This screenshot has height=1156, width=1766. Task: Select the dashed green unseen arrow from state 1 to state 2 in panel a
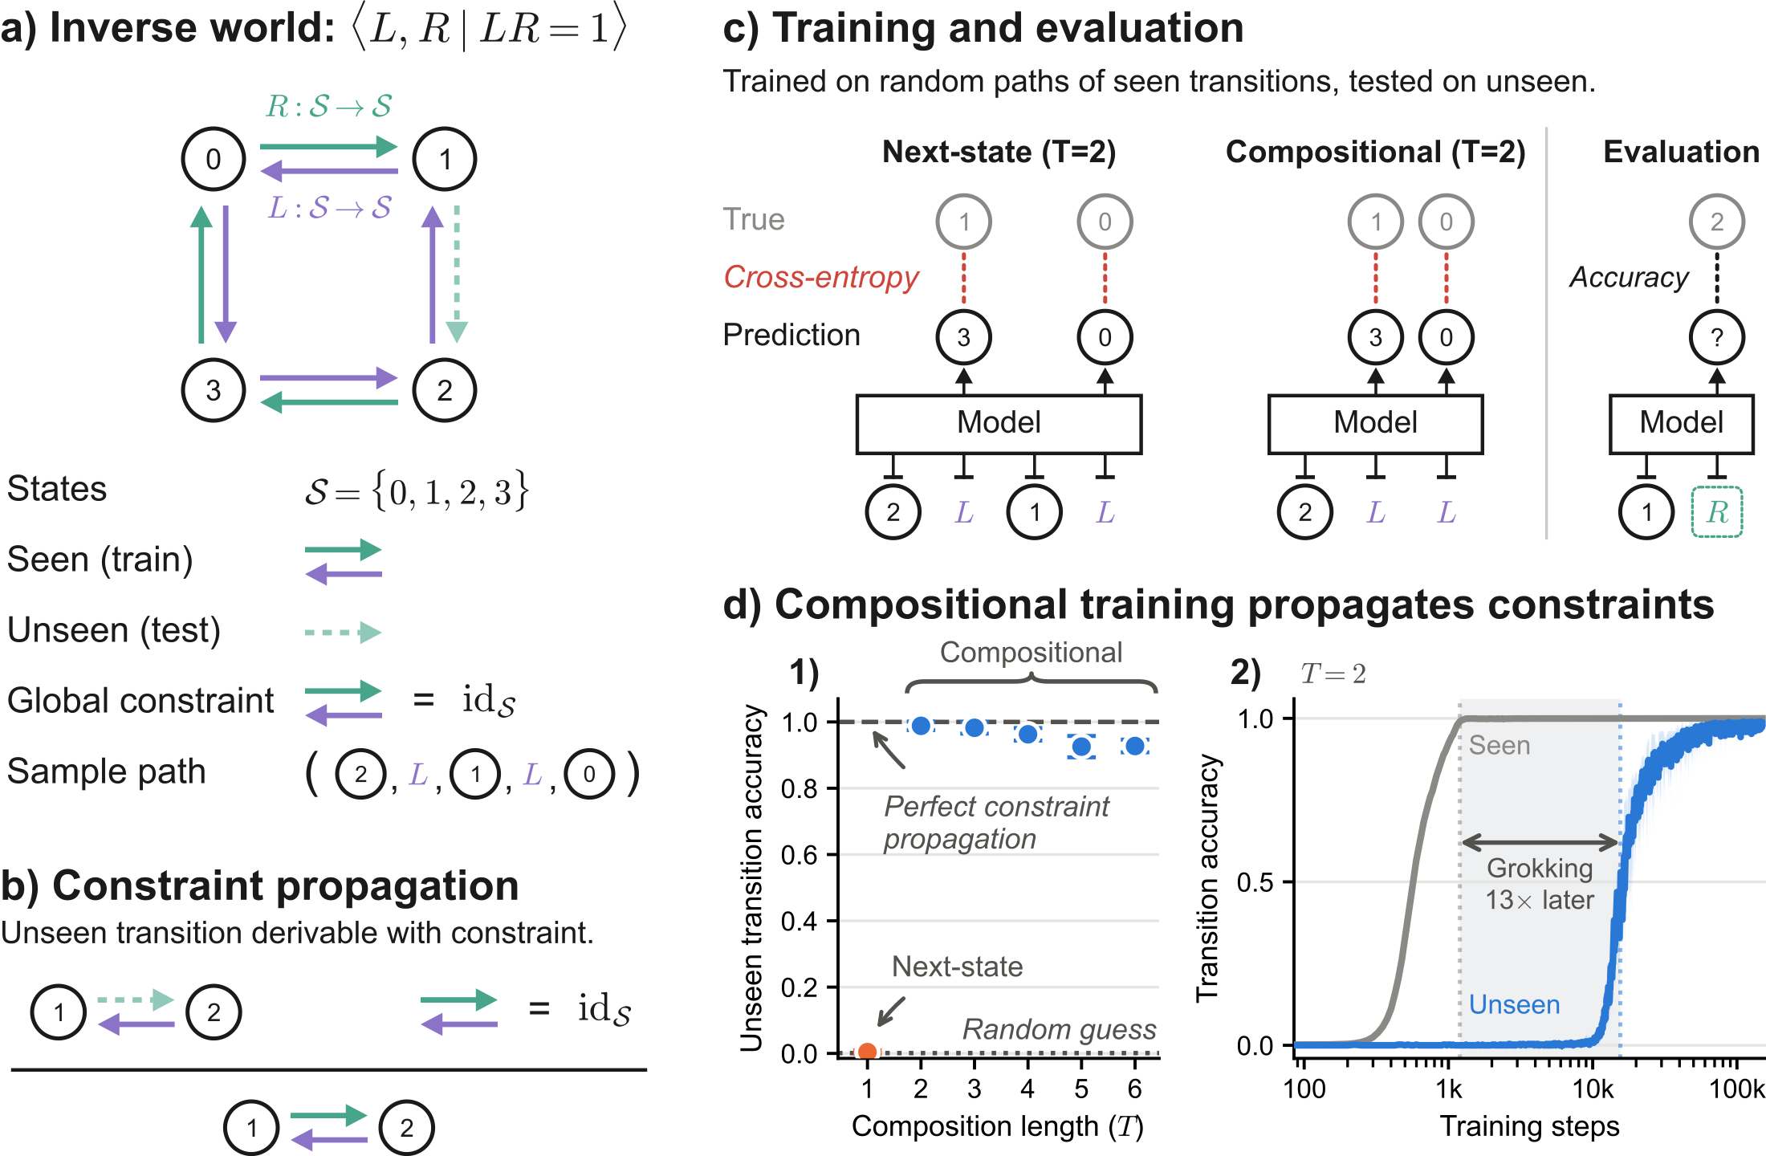tap(457, 274)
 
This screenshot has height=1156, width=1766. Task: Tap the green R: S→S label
tap(329, 106)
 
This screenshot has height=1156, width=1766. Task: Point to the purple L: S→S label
tap(329, 208)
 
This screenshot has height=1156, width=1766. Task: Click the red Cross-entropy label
tap(820, 277)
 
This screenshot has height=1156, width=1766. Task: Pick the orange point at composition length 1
tap(867, 1051)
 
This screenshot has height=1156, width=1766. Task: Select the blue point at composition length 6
tap(1134, 747)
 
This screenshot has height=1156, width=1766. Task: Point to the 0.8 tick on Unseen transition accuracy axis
tap(832, 788)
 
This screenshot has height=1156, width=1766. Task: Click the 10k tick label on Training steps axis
tap(1593, 1089)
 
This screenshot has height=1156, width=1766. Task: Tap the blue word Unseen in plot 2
tap(1514, 1004)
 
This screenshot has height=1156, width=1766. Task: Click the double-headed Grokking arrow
tap(1540, 842)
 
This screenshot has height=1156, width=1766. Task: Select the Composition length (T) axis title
tap(998, 1126)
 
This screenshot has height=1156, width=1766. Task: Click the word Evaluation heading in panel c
tap(1681, 152)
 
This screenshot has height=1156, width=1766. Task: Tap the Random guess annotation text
tap(1060, 1029)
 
